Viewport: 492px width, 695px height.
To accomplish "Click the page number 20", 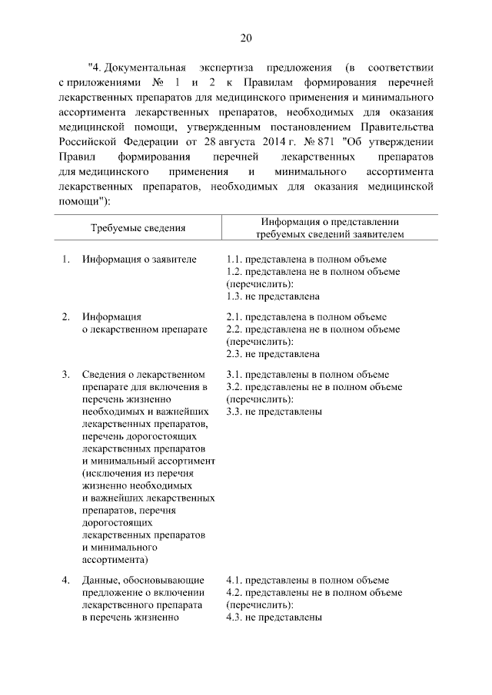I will click(246, 38).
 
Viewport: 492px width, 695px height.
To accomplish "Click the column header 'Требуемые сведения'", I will click(138, 227).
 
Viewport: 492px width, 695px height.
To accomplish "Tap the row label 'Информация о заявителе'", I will click(139, 259).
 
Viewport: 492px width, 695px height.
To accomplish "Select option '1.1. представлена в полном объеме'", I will click(307, 259).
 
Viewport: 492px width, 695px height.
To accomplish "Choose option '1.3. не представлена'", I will click(273, 296).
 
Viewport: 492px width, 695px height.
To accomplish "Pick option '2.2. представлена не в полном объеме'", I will click(314, 329).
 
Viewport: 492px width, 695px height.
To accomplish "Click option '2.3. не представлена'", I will click(273, 354).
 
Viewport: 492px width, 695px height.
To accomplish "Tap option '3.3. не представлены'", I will click(274, 412).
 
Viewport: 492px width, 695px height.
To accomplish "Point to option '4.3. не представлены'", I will click(274, 617).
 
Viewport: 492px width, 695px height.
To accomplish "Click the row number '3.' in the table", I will click(66, 375).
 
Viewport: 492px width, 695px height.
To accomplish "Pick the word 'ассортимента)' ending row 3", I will click(115, 559).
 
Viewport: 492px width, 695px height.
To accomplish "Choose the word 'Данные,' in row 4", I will click(100, 580).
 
